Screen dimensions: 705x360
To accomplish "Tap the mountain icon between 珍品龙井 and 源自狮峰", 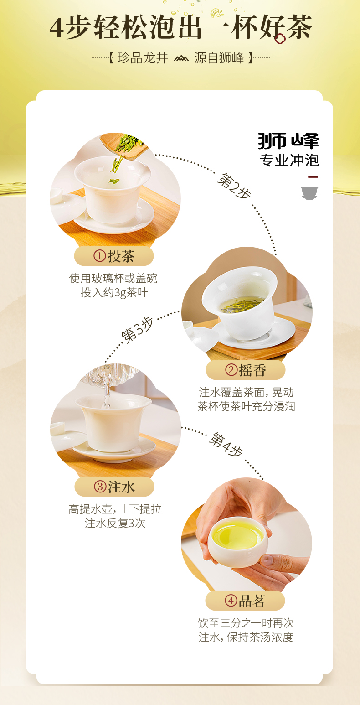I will tap(181, 58).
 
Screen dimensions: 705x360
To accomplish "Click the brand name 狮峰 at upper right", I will tap(288, 141).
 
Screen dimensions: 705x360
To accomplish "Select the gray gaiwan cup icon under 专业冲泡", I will tap(309, 193).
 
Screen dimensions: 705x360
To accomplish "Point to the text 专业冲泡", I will tap(289, 161).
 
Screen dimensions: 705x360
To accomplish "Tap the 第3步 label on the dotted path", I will tap(137, 330).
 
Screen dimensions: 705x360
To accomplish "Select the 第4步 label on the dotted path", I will tap(226, 445).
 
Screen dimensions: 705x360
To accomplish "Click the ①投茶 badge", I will tap(114, 256).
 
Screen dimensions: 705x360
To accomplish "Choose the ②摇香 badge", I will tap(246, 370).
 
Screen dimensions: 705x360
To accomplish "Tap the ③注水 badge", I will tap(114, 487).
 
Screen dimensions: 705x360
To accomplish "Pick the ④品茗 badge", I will tap(245, 601).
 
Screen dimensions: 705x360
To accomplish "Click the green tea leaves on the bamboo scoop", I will tap(125, 144).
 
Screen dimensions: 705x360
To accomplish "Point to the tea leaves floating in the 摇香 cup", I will tap(242, 304).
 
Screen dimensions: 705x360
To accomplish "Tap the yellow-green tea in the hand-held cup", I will tap(237, 535).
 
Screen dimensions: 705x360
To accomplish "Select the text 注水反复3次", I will tap(115, 523).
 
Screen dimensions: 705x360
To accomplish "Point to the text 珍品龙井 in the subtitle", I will tap(143, 58).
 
